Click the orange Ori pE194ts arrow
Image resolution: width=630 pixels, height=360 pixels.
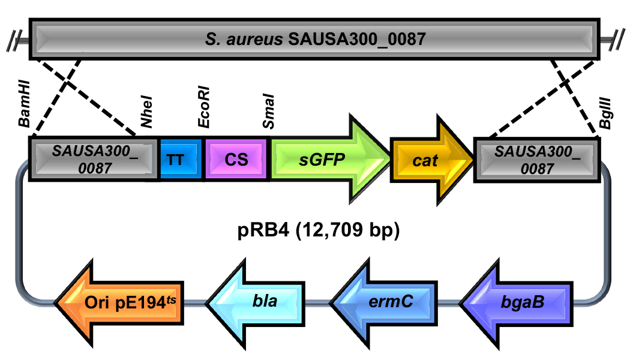[120, 300]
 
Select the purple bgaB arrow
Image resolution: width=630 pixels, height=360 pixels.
[516, 300]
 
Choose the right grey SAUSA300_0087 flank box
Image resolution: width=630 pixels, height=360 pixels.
[537, 159]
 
